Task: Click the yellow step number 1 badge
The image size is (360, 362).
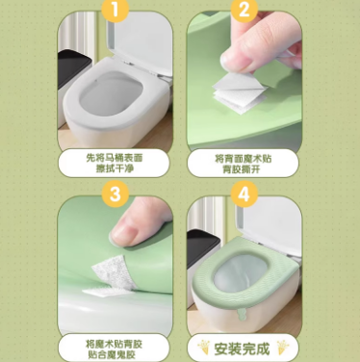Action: pos(116,10)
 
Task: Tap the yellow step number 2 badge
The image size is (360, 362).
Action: pos(244,10)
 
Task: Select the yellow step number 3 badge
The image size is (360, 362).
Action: pos(116,194)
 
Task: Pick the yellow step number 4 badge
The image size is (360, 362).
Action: pos(244,194)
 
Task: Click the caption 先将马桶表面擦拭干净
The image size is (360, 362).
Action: pos(115,163)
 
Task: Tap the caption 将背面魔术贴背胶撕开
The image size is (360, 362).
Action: pos(243,164)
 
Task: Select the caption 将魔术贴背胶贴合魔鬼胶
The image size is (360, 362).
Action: pos(114,349)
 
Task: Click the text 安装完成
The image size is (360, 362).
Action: pos(242,349)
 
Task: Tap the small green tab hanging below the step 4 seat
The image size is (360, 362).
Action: pos(241,316)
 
